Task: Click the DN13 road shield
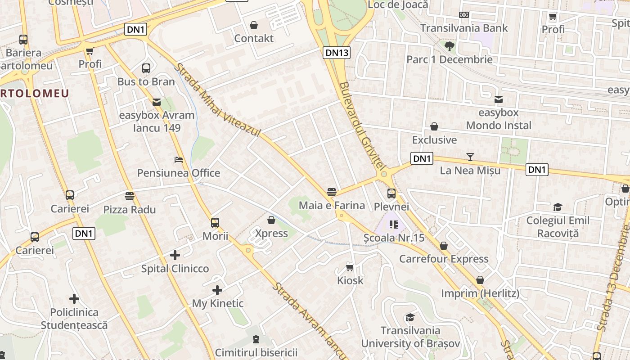click(337, 53)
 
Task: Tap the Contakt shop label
click(254, 38)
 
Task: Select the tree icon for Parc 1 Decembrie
click(449, 45)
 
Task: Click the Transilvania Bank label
click(464, 28)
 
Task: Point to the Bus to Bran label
click(146, 81)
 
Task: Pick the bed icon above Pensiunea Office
click(179, 160)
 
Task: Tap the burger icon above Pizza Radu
click(130, 196)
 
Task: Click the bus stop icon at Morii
click(215, 222)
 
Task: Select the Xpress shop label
click(271, 233)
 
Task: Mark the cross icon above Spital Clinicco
click(175, 256)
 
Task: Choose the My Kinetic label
click(218, 303)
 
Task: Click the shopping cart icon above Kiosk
click(350, 267)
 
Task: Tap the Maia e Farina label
click(332, 206)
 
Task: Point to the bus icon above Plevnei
click(391, 193)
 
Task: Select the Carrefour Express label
click(444, 259)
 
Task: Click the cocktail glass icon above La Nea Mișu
click(470, 157)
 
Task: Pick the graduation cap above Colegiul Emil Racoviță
click(558, 207)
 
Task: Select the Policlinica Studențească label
click(74, 319)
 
